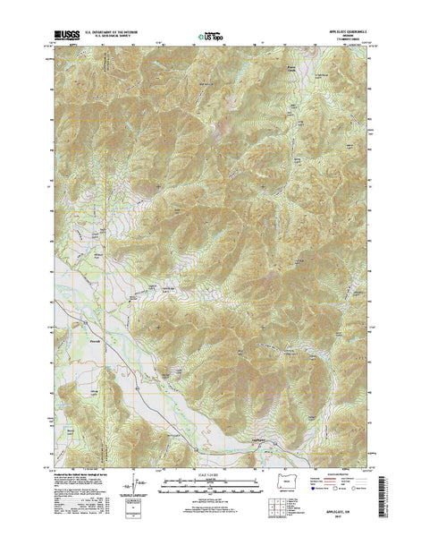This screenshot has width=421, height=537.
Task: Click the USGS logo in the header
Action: [64, 35]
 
